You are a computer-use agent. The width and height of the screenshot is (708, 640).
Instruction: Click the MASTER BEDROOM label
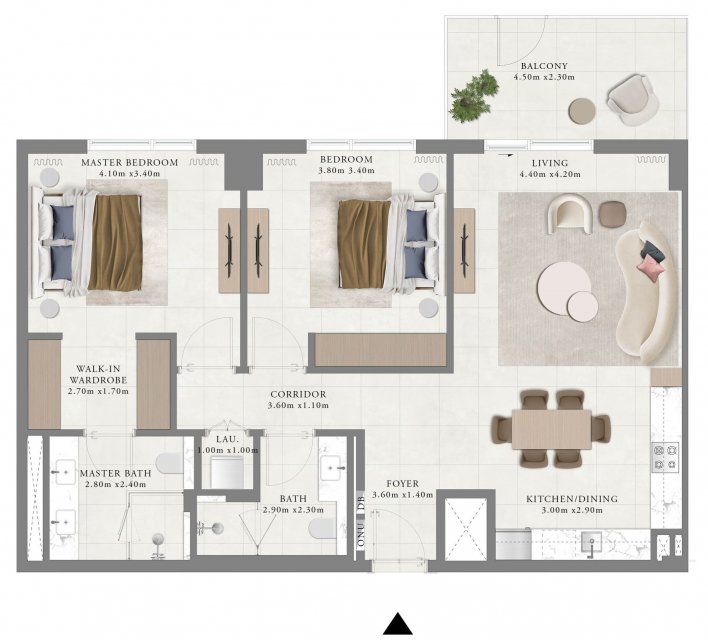click(x=130, y=163)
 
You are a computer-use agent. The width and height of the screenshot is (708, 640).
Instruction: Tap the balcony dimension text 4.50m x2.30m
click(x=544, y=77)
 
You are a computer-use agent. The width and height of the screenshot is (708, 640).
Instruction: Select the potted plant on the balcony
click(x=474, y=95)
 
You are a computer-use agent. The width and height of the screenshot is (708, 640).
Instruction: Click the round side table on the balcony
click(x=582, y=111)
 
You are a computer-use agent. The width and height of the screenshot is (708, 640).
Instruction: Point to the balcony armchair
click(x=632, y=100)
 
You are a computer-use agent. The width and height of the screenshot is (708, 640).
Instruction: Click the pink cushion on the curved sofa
click(x=651, y=268)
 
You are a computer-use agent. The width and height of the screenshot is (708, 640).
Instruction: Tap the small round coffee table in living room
click(x=582, y=307)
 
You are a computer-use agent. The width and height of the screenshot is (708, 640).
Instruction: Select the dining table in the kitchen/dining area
click(x=551, y=429)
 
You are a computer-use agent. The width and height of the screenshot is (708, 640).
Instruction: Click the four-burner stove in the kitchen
click(x=665, y=457)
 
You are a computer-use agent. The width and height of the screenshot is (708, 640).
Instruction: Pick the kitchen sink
click(x=591, y=540)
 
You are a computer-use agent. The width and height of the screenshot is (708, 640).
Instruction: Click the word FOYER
click(x=402, y=484)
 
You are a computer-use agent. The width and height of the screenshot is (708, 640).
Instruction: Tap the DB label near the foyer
click(x=361, y=503)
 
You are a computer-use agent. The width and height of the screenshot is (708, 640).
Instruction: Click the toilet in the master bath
click(x=169, y=462)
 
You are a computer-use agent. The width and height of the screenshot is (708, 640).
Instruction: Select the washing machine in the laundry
click(x=227, y=472)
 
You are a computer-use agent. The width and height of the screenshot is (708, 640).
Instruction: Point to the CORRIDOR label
click(x=298, y=394)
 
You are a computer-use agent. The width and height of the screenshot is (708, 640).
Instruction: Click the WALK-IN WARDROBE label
click(x=98, y=374)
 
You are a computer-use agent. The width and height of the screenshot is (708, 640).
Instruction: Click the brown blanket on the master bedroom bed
click(x=116, y=242)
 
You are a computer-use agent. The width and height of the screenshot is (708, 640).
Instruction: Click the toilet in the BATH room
click(x=323, y=528)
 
